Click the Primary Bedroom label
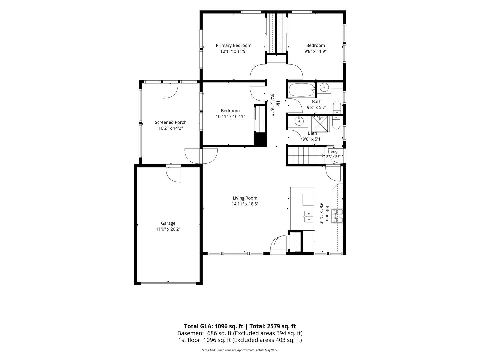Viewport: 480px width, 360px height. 234,45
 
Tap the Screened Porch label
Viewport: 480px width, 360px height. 171,122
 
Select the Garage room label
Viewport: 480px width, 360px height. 168,223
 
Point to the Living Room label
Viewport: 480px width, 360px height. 245,198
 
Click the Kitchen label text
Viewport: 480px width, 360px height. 327,213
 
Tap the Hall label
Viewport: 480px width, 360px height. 278,105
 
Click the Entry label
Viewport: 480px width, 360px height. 333,152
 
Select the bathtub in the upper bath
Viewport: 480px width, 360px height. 302,90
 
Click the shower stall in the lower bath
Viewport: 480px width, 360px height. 320,124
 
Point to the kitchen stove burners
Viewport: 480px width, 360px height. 337,216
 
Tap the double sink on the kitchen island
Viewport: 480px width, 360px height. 309,216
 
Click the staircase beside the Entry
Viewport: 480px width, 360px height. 306,156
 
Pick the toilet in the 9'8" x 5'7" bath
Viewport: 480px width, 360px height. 337,107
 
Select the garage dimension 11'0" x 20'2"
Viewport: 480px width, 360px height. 168,229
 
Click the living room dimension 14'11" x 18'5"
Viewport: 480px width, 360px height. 245,204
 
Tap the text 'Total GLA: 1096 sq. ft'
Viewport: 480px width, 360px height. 213,326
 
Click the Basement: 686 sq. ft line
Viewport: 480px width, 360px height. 240,333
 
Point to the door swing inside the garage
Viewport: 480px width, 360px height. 173,175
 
